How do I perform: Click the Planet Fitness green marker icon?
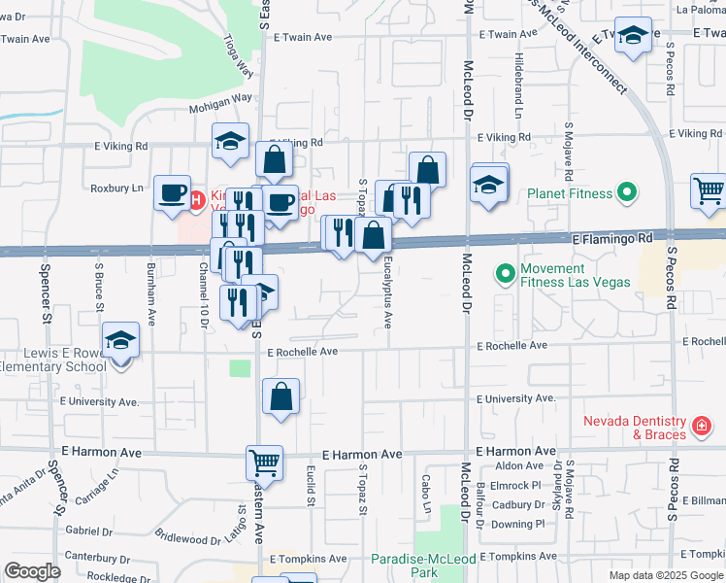coord(626,193)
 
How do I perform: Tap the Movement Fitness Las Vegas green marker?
coord(505,275)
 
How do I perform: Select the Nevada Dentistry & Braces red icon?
coord(699,427)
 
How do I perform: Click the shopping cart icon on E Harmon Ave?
coord(264,462)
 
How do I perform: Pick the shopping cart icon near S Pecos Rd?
coord(709,189)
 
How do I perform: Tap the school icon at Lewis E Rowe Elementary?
coord(121,340)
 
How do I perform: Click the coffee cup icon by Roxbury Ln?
coord(173,192)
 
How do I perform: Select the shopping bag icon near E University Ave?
coord(280,395)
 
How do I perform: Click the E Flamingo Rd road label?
coord(612,237)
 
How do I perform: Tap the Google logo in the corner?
coord(32,571)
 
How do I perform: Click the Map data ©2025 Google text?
coord(666,575)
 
